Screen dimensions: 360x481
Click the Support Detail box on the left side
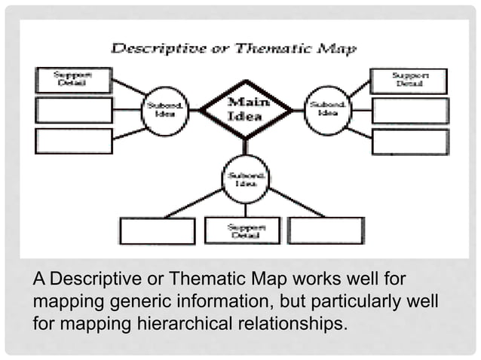pyautogui.click(x=73, y=80)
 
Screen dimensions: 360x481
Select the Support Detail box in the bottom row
pyautogui.click(x=242, y=230)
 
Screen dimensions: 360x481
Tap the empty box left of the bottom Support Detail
pyautogui.click(x=158, y=231)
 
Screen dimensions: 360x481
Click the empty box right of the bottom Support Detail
pyautogui.click(x=326, y=230)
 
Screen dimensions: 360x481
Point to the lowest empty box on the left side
pyautogui.click(x=74, y=141)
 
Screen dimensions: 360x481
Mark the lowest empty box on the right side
pyautogui.click(x=410, y=142)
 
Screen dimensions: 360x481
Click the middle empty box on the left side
pyautogui.click(x=74, y=111)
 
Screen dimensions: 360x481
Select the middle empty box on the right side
pyautogui.click(x=410, y=111)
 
